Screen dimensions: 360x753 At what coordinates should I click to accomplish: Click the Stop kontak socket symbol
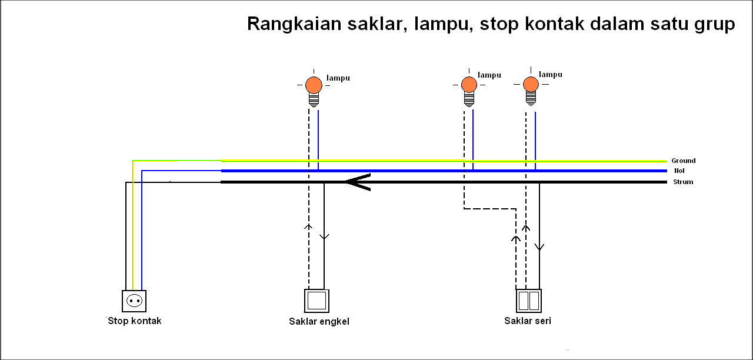134,301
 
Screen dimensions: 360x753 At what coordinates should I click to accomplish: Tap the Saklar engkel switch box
316,301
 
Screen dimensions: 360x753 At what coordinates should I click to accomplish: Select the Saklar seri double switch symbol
528,301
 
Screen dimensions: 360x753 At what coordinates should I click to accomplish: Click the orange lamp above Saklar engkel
314,85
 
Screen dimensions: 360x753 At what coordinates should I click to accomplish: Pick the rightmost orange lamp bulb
531,84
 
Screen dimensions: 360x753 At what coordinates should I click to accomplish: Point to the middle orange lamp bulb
469,85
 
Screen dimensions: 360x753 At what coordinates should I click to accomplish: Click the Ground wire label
683,161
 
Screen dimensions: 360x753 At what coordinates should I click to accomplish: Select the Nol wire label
679,171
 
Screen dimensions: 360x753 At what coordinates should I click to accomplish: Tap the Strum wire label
683,182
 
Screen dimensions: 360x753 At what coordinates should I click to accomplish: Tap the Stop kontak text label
135,321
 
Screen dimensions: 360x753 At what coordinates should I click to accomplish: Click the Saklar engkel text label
319,321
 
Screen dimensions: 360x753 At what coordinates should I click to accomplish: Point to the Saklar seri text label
528,321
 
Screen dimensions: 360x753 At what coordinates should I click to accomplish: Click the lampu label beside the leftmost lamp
338,78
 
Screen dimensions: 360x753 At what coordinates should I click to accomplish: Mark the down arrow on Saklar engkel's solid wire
324,236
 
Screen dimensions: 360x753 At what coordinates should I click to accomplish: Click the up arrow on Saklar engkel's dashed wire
308,226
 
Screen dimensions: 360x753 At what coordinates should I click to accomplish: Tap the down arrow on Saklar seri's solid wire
539,247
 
